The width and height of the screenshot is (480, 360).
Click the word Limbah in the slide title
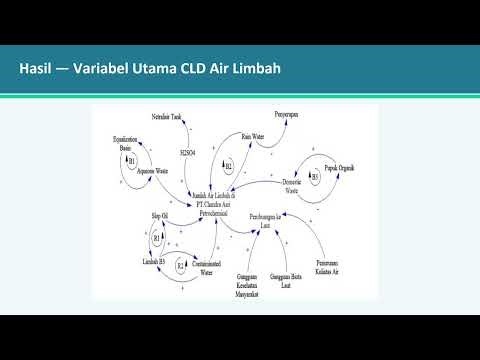coord(253,69)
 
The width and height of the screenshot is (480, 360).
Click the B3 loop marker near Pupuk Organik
coord(314,175)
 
